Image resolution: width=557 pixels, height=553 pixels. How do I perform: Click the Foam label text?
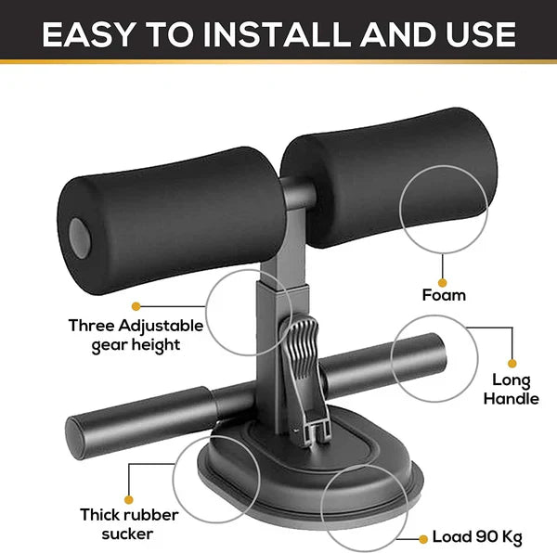point(444,296)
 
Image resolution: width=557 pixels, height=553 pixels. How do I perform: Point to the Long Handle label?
point(512,390)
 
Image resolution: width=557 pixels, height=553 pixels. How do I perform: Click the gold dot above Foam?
point(443,282)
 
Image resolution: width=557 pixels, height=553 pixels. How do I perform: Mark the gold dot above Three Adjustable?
point(136,305)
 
